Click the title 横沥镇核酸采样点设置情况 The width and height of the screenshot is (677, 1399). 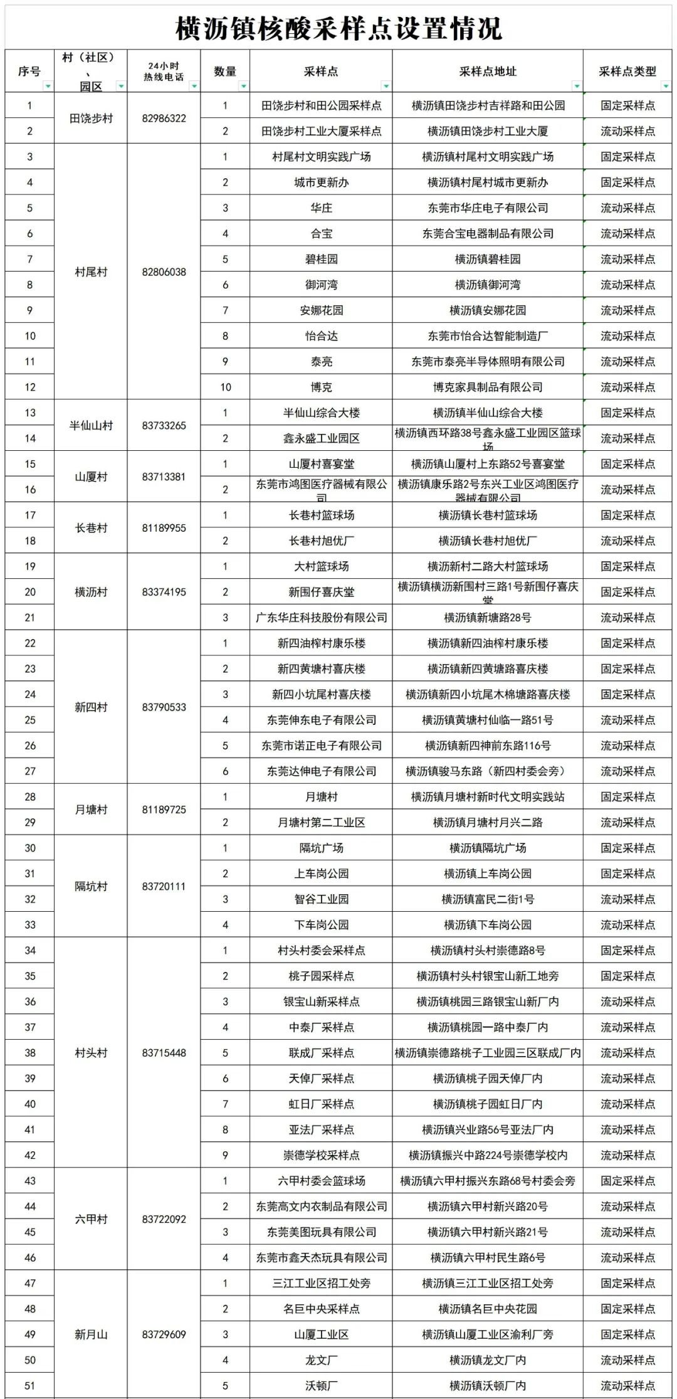click(x=338, y=28)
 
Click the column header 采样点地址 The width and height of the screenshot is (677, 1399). click(x=488, y=71)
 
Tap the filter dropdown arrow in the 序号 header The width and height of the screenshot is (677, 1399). click(x=48, y=86)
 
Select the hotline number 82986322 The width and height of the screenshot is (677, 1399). click(x=164, y=118)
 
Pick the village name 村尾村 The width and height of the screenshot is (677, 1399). click(x=91, y=272)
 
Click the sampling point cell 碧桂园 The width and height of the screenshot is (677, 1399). click(x=321, y=259)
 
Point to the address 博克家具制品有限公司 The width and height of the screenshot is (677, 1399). click(x=488, y=387)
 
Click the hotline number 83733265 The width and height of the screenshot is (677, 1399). click(x=164, y=425)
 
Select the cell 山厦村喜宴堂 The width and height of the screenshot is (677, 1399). click(x=321, y=464)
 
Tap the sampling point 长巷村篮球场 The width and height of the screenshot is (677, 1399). click(x=321, y=515)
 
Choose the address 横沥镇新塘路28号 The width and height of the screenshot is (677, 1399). click(x=488, y=618)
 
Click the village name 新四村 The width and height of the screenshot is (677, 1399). click(x=91, y=707)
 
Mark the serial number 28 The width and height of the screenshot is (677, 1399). click(x=30, y=796)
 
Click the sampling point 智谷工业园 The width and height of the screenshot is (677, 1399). click(x=321, y=899)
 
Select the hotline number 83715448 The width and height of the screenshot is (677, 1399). click(x=164, y=1052)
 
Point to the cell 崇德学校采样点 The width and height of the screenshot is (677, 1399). click(x=321, y=1154)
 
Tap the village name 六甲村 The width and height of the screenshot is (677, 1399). click(x=91, y=1218)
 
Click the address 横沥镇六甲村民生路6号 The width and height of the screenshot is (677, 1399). click(x=488, y=1257)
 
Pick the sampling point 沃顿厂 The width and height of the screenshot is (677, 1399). click(x=321, y=1385)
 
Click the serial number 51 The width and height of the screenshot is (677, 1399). click(x=30, y=1385)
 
